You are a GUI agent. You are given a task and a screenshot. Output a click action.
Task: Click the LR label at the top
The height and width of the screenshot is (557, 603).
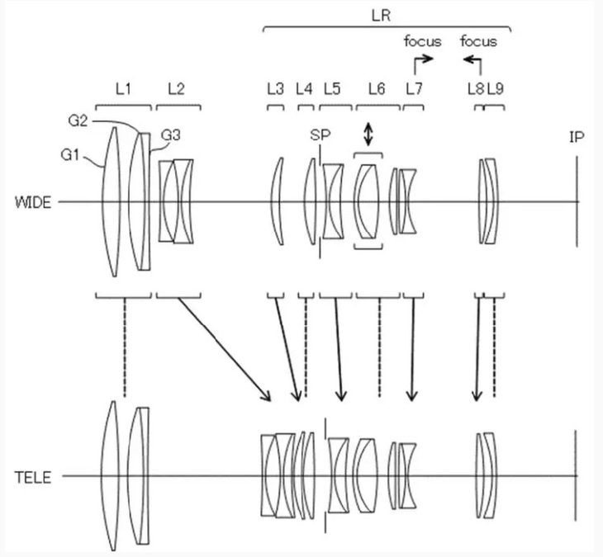click(386, 13)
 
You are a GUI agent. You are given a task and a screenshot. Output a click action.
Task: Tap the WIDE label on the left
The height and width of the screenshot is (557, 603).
click(31, 201)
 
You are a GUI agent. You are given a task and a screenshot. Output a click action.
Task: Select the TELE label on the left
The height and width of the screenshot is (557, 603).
click(32, 476)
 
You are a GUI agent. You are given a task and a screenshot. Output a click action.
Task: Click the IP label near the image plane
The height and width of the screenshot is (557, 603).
click(577, 138)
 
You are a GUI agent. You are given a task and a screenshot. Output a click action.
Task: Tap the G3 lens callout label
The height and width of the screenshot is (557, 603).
click(171, 135)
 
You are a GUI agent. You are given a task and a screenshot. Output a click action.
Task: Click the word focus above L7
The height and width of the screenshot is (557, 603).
click(422, 40)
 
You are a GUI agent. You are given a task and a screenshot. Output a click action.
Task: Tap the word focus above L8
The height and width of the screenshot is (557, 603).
click(478, 40)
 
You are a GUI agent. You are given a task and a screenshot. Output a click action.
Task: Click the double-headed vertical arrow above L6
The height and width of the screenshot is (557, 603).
click(368, 136)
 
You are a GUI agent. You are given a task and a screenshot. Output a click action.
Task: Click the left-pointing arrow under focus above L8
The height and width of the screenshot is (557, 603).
click(472, 59)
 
